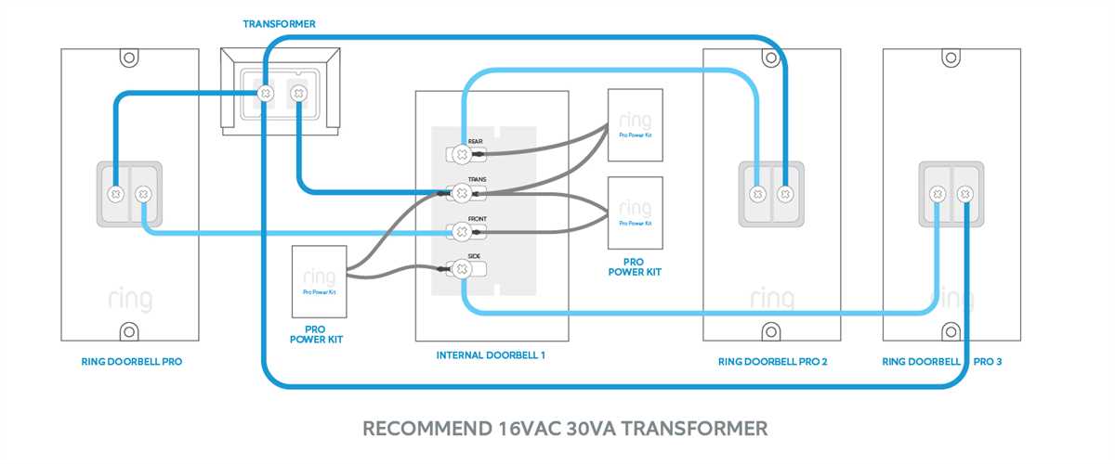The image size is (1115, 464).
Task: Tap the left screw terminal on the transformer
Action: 265,93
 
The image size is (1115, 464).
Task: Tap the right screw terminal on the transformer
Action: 298,93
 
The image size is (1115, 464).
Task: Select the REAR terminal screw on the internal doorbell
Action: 461,153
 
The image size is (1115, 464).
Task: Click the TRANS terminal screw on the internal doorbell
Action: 461,193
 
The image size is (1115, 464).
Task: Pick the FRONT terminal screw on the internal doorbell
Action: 461,231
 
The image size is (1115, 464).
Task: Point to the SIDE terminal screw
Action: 461,269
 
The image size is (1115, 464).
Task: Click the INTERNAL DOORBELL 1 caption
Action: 491,355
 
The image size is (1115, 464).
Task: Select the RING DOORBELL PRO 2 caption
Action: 772,362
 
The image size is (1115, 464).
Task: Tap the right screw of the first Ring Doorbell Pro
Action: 142,195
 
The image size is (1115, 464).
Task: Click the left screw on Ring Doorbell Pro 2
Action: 758,195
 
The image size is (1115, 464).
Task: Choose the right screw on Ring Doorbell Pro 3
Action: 964,194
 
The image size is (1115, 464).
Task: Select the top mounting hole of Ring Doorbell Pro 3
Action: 951,59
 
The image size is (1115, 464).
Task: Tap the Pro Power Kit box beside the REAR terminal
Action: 635,125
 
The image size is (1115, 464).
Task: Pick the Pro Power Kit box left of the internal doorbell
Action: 319,282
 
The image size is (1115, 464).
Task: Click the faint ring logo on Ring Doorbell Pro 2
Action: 772,299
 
